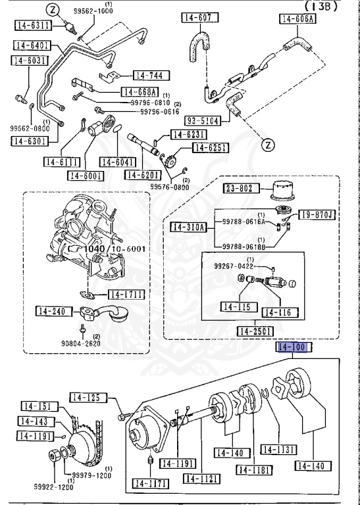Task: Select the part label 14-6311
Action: click(x=32, y=26)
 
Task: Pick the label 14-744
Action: click(x=151, y=76)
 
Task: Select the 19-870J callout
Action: click(x=317, y=214)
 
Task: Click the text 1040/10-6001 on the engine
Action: click(x=114, y=249)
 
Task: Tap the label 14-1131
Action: click(x=276, y=450)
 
